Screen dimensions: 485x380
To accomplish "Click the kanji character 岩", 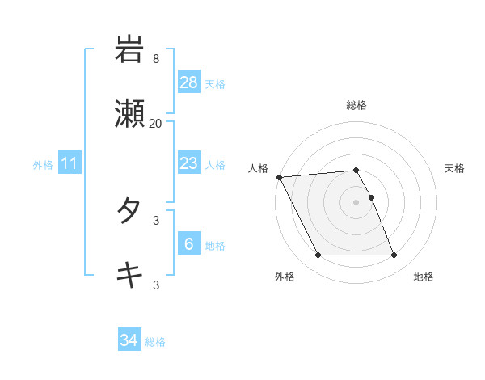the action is (129, 49).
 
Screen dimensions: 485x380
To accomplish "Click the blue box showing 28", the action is (189, 82).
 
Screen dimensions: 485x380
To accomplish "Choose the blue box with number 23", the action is (189, 163).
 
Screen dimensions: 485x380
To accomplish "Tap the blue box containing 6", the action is (189, 244).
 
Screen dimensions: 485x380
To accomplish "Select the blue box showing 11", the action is (70, 164).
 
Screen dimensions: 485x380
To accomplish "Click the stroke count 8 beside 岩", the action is (156, 59).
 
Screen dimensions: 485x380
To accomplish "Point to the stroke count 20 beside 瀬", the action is (156, 124).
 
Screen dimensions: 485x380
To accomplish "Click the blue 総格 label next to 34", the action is (155, 342).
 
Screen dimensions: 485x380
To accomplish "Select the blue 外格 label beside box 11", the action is (43, 165).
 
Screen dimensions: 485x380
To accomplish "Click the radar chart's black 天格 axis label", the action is (455, 168).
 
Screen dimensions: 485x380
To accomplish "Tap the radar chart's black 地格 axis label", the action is (424, 277).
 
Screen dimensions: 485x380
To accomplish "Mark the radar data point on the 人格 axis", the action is (280, 177).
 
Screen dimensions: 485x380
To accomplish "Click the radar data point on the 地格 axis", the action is (394, 255).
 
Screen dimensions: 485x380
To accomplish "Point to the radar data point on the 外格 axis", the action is (318, 255).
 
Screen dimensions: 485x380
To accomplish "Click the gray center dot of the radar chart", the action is (356, 202).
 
